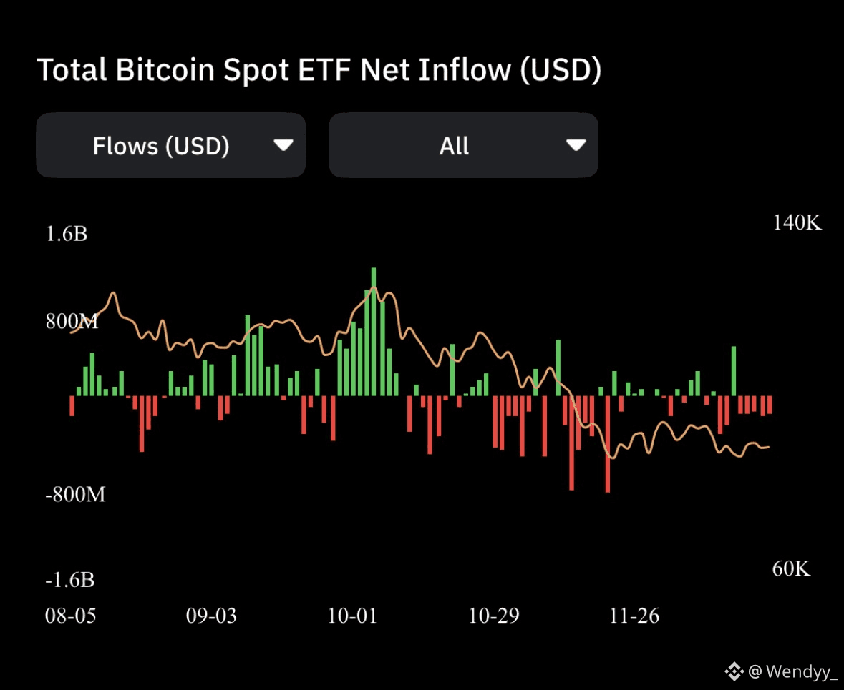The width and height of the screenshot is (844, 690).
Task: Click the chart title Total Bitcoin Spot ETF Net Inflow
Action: click(x=319, y=70)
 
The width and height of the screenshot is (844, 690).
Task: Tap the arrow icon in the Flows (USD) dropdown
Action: click(x=283, y=146)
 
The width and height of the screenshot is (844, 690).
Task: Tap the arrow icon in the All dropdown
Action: click(x=576, y=146)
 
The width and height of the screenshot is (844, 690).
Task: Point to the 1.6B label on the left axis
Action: click(x=67, y=234)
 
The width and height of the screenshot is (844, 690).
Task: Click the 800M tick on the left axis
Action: click(x=72, y=321)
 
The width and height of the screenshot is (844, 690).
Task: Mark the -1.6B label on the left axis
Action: click(x=69, y=580)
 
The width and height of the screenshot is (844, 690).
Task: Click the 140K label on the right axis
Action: click(x=797, y=222)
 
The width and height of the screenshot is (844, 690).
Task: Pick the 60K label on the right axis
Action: click(x=791, y=568)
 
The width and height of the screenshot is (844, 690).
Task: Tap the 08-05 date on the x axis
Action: click(x=70, y=616)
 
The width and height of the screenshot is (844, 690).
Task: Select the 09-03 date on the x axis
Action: click(x=211, y=616)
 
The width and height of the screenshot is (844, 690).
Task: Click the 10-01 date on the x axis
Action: click(x=351, y=616)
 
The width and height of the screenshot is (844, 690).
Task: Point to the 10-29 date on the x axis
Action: click(x=493, y=616)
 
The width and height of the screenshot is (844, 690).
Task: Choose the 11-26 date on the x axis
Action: click(x=634, y=616)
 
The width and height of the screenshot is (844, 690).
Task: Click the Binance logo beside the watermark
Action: click(x=734, y=671)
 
